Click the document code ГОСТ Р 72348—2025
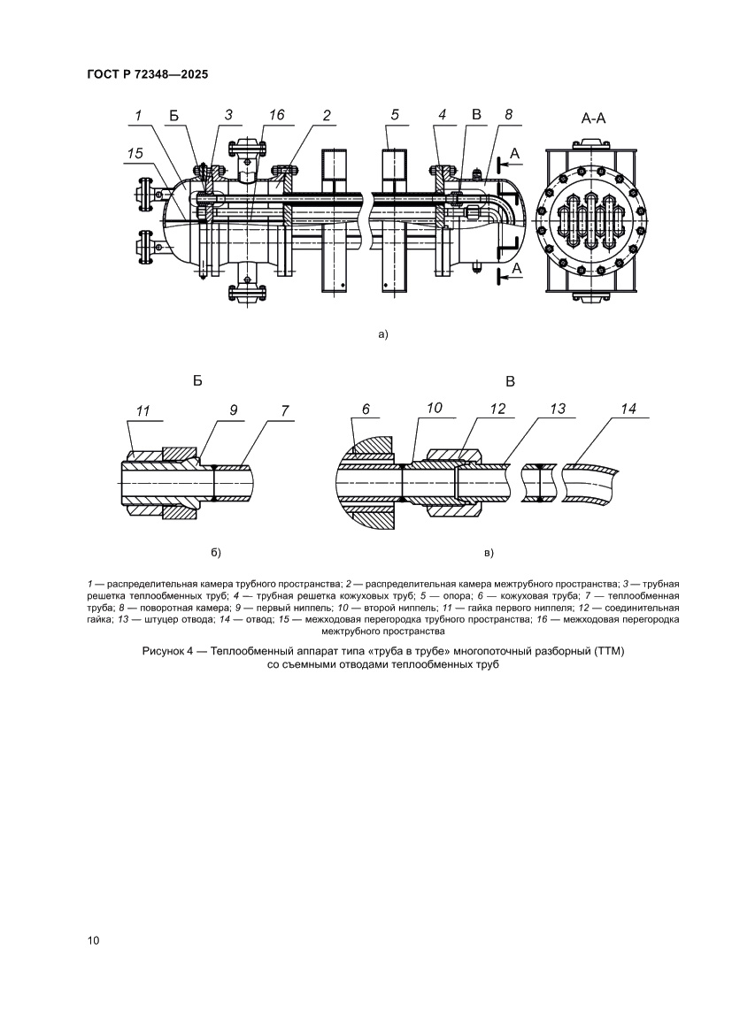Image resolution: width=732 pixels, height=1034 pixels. click(148, 75)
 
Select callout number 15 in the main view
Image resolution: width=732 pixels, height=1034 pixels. click(135, 153)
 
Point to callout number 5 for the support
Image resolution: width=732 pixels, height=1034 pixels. click(395, 116)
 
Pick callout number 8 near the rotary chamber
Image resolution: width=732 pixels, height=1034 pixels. click(508, 116)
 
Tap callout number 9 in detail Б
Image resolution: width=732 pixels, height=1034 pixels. click(234, 410)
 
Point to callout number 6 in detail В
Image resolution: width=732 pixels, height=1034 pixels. click(366, 410)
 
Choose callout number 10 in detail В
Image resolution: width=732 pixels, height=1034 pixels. click(434, 410)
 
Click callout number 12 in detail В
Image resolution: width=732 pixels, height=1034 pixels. click(497, 410)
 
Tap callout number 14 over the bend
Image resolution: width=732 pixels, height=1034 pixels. click(628, 410)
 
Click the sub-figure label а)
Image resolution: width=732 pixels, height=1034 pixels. click(382, 334)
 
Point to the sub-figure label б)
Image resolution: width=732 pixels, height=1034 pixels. click(214, 553)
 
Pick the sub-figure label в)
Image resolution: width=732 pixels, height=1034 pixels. click(489, 553)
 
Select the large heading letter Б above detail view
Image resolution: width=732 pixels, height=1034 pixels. click(197, 381)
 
